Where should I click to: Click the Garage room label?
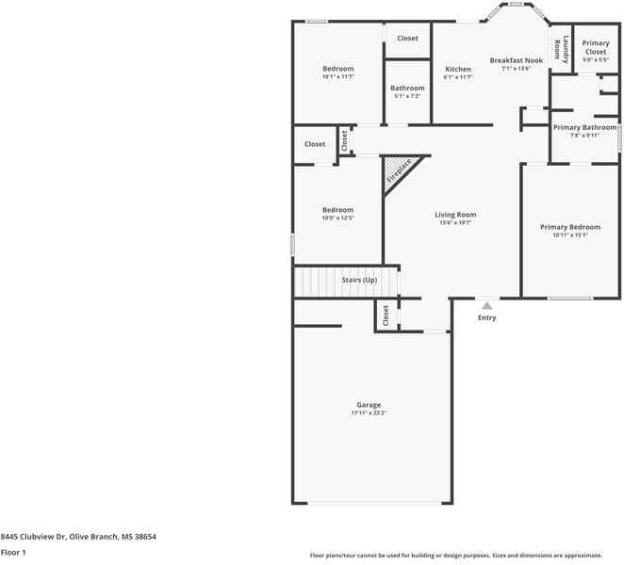[369, 405]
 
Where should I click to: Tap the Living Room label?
[455, 215]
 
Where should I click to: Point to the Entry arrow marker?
[486, 305]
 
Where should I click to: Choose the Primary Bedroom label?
[570, 227]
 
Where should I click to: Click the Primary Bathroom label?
[584, 127]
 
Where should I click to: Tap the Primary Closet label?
[596, 47]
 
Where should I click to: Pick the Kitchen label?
[458, 70]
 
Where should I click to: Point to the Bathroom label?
[407, 88]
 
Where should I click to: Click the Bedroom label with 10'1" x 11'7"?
[337, 69]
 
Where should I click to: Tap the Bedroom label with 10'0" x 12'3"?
[337, 210]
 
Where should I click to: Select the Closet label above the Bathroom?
[407, 39]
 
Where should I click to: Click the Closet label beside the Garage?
[386, 315]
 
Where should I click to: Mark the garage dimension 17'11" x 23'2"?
[369, 413]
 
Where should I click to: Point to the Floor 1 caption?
[13, 552]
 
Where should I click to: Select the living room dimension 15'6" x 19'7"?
[455, 223]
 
